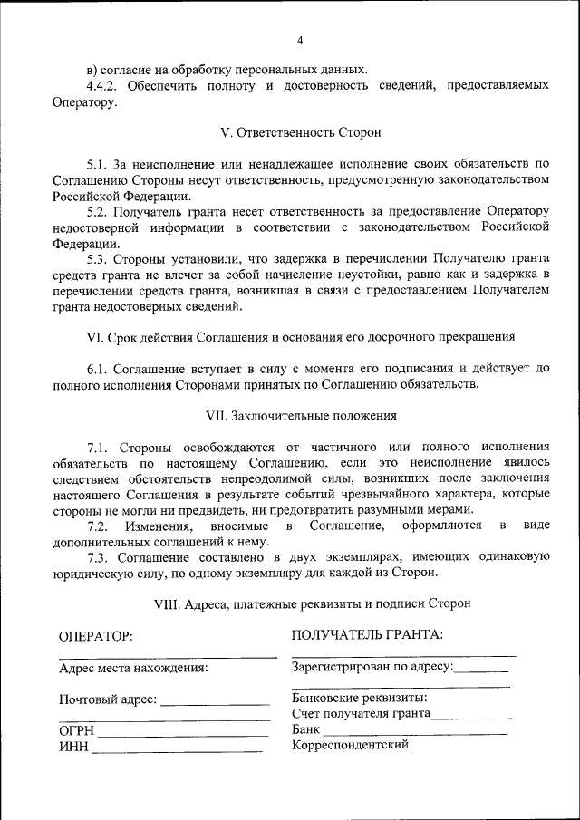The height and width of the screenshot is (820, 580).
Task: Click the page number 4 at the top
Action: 300,40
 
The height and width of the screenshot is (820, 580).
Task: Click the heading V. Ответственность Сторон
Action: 300,132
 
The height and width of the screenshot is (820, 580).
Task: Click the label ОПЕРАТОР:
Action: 96,636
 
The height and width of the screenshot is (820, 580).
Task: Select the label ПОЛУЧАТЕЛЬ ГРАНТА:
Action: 367,634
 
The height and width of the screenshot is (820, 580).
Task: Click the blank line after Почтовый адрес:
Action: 215,703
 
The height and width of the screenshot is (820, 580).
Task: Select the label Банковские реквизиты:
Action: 360,699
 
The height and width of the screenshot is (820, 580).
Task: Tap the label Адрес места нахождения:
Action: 133,669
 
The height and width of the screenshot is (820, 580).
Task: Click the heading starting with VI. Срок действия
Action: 300,336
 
